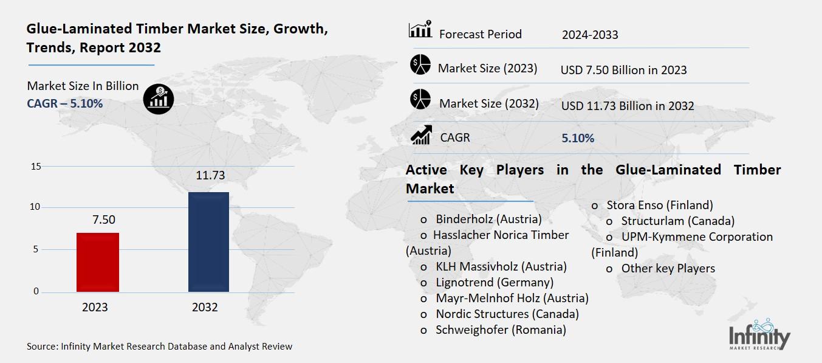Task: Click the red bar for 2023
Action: [x=98, y=262]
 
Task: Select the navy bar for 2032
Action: [x=208, y=242]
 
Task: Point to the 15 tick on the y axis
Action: [x=35, y=167]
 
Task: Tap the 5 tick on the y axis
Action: [x=36, y=249]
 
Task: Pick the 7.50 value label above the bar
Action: [x=103, y=220]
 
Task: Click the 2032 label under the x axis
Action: [x=205, y=307]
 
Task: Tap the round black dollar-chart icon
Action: [x=159, y=99]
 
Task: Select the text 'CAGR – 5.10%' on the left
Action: [x=65, y=104]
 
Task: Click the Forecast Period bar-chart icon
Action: [x=420, y=30]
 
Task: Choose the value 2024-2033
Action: [x=589, y=35]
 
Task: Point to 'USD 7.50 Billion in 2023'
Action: [x=623, y=70]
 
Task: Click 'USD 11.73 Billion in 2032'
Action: [x=628, y=106]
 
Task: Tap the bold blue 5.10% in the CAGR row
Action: [x=578, y=139]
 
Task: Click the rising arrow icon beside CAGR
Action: [x=421, y=136]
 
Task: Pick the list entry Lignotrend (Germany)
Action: [x=494, y=282]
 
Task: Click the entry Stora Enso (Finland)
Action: [x=659, y=205]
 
